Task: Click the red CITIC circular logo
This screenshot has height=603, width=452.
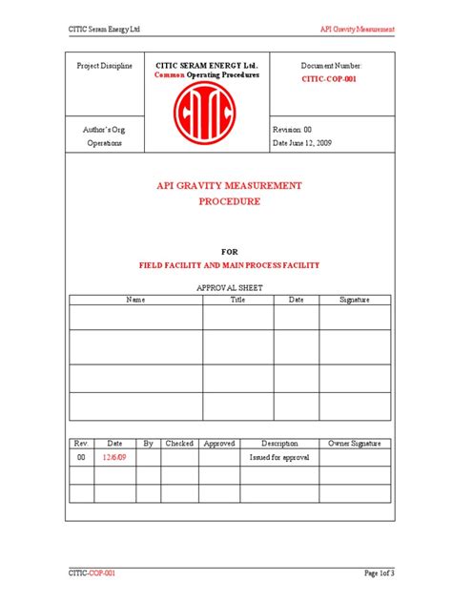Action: click(x=201, y=117)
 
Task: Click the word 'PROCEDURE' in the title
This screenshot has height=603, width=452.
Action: click(x=229, y=202)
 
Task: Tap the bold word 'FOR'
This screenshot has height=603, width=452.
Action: click(x=229, y=250)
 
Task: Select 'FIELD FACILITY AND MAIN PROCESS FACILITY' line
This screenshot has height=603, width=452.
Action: click(x=229, y=265)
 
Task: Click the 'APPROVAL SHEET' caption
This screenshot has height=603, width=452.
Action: click(x=229, y=287)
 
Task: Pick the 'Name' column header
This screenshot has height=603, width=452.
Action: click(x=135, y=300)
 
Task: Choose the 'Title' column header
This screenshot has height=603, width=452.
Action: click(x=237, y=300)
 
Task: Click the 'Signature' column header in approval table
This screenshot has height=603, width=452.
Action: click(x=355, y=300)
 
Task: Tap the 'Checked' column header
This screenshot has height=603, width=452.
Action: click(x=178, y=444)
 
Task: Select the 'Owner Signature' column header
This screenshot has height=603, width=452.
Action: click(x=355, y=444)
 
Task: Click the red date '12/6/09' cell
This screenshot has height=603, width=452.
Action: click(x=114, y=458)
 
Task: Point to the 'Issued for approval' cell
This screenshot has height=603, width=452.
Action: click(x=280, y=458)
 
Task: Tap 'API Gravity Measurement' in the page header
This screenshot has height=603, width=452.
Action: click(x=357, y=30)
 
